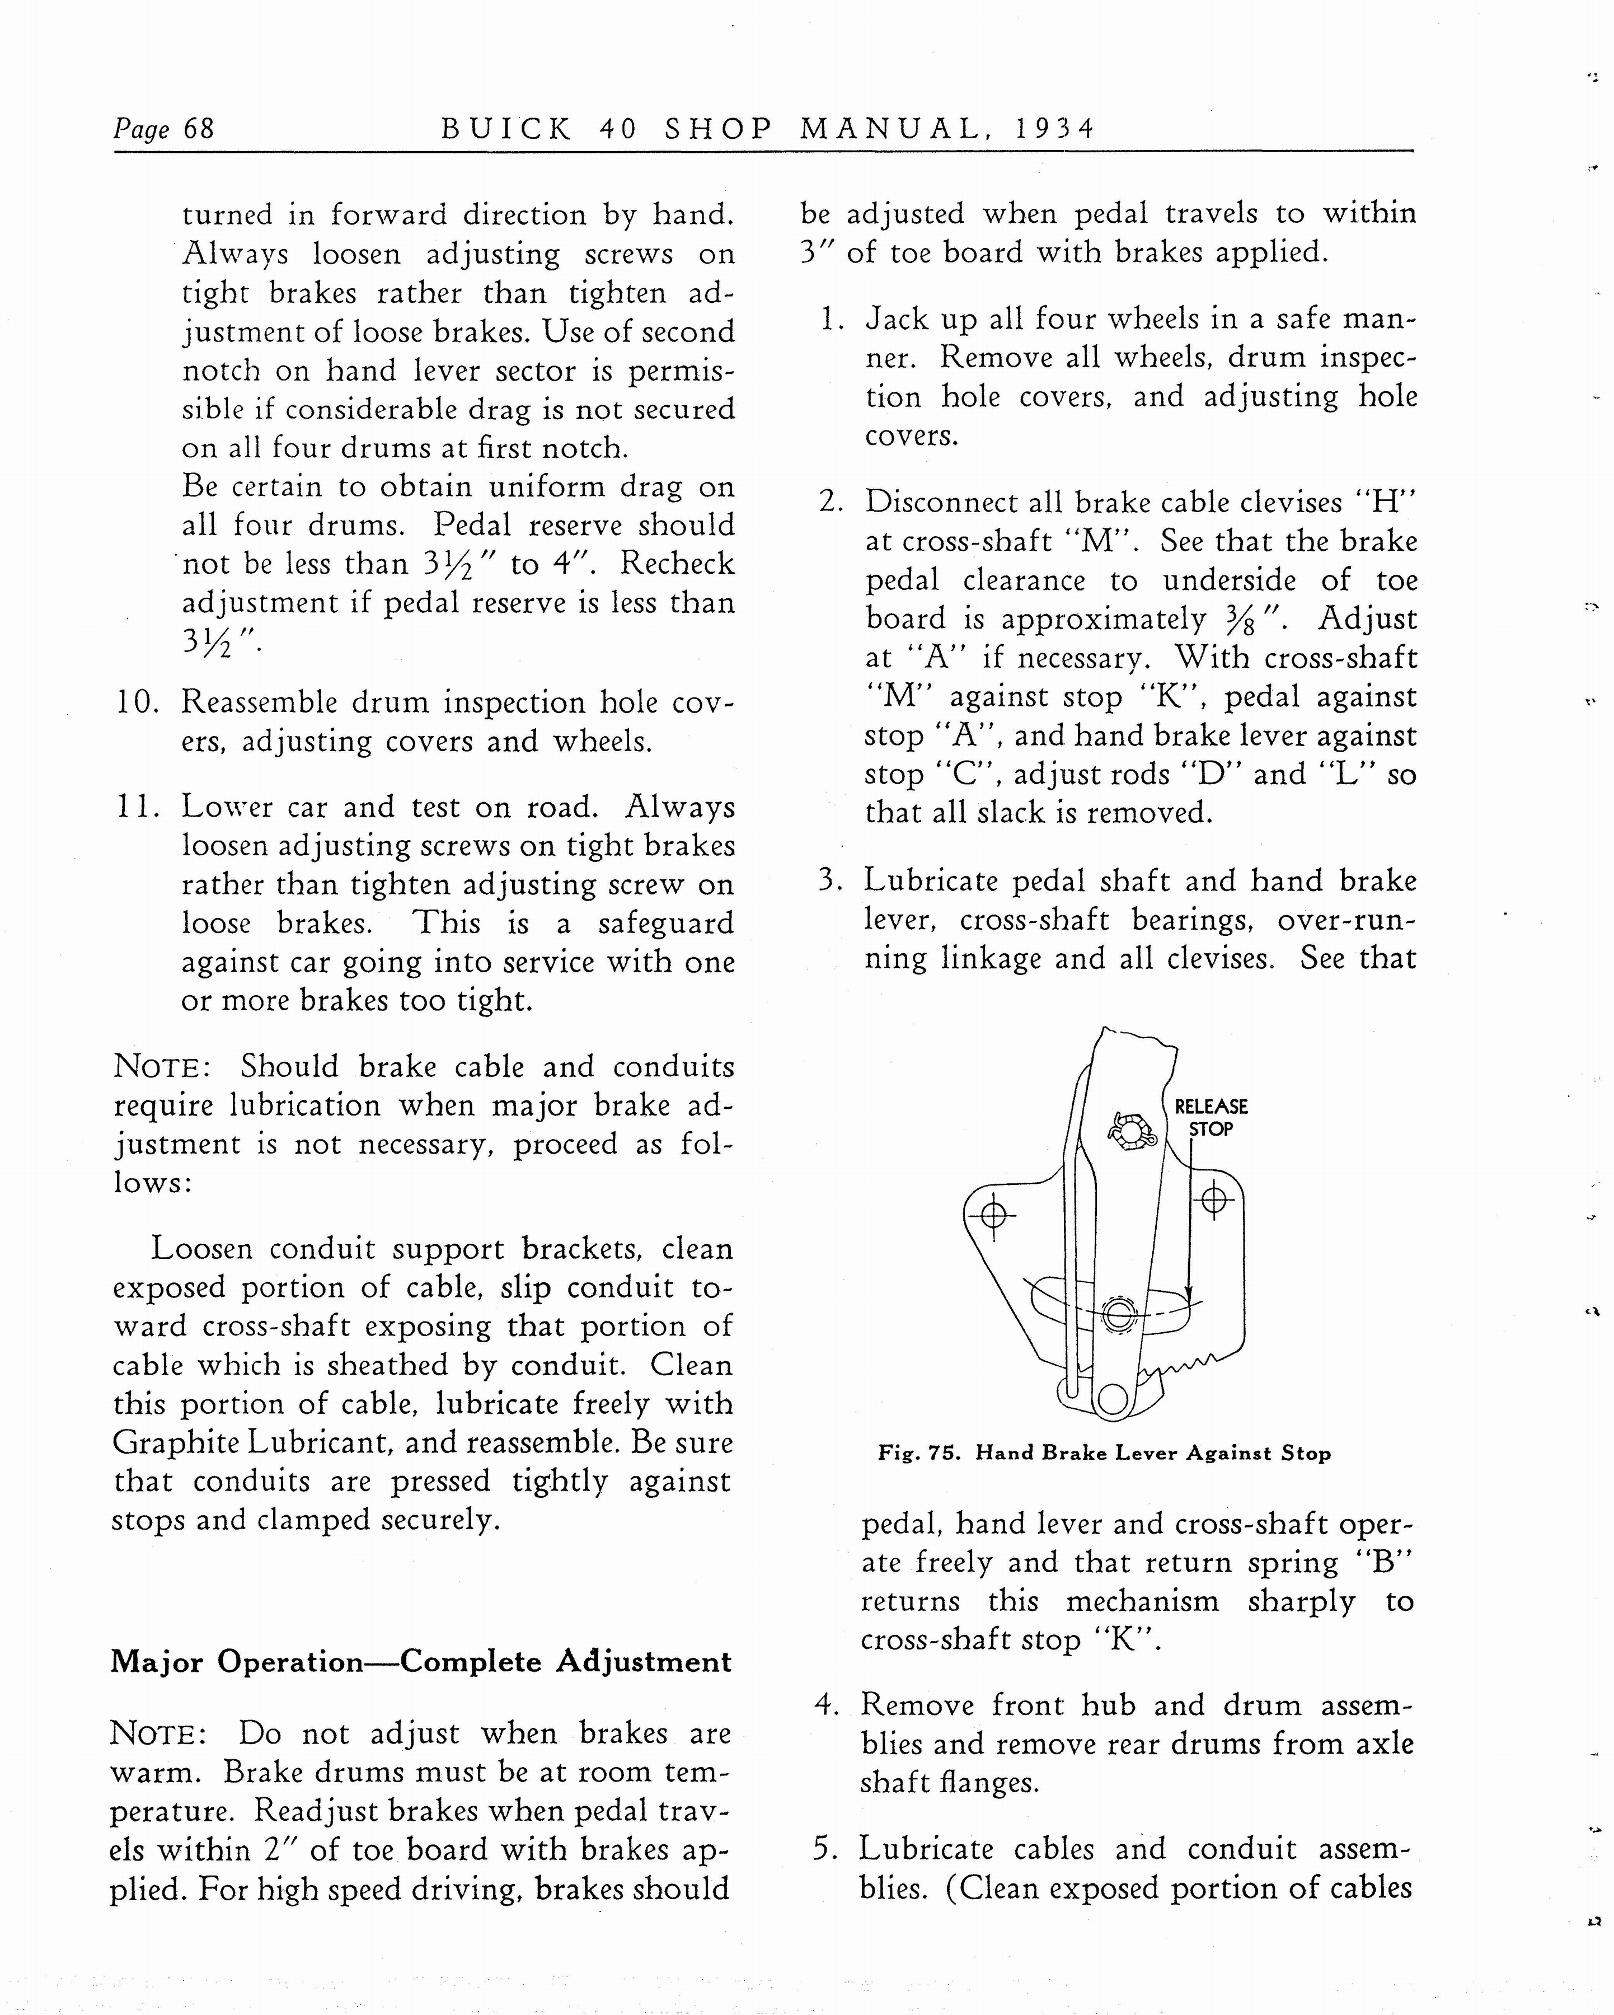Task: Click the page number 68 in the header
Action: point(199,128)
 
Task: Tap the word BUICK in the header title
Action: point(505,128)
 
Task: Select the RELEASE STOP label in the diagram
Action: point(1210,1117)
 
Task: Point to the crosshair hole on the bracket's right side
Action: point(1214,1199)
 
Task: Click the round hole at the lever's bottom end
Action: point(1112,1398)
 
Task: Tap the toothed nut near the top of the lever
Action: point(1132,1130)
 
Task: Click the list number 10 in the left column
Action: point(137,702)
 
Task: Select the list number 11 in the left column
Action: point(137,807)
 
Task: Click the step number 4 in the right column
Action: point(825,1705)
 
